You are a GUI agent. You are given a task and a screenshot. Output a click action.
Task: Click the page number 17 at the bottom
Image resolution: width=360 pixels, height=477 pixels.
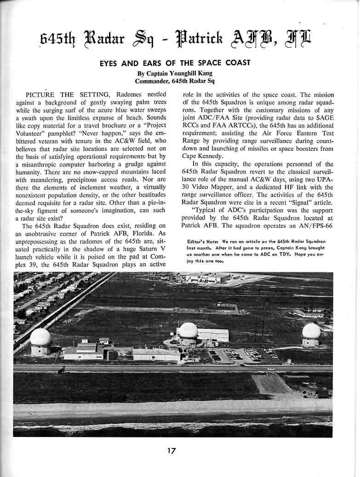pyautogui.click(x=171, y=451)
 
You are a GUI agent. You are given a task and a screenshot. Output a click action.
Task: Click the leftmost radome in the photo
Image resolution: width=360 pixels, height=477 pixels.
pyautogui.click(x=40, y=338)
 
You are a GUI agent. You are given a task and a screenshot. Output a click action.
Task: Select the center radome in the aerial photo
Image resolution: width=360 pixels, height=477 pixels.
pyautogui.click(x=188, y=331)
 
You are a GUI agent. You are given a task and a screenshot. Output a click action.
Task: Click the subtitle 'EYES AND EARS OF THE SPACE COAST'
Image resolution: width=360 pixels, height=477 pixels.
pyautogui.click(x=175, y=63)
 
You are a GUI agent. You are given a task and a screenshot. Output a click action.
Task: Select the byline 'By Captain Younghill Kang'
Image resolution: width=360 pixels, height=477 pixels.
pyautogui.click(x=175, y=73)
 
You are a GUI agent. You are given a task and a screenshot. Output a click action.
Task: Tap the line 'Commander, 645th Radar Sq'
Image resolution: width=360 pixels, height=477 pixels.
pyautogui.click(x=175, y=81)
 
